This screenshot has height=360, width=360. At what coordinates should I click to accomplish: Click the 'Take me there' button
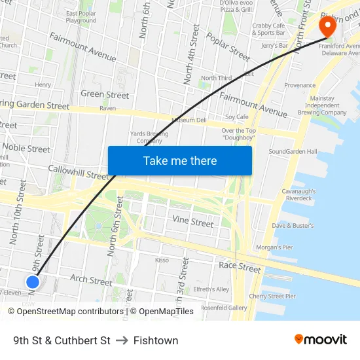coord(180,160)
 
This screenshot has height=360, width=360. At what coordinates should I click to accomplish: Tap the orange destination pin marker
coord(327,27)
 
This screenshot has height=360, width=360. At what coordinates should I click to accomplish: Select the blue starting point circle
coord(33,282)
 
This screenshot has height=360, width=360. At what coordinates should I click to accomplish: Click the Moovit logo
coord(321,340)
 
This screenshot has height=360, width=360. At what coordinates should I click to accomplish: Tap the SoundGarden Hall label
coord(293,152)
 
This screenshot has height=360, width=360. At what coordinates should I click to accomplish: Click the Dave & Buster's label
coord(293,225)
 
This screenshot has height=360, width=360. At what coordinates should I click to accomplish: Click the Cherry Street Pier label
coord(272,296)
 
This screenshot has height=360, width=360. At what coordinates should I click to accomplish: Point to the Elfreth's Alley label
coord(211,289)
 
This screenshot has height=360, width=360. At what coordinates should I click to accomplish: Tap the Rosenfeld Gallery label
coord(224,308)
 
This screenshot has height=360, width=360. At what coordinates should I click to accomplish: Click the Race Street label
coord(240,266)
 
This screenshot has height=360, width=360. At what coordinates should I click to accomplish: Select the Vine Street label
coord(192,222)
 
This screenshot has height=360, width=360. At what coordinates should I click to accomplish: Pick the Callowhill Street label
coord(78,172)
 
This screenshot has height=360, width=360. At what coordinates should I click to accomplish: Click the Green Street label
coord(105,94)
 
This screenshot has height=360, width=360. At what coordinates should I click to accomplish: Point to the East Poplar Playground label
coord(81,16)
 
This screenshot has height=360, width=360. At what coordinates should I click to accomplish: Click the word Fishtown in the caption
coord(156,340)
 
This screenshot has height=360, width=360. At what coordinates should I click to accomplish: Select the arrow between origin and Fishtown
coord(122,340)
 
